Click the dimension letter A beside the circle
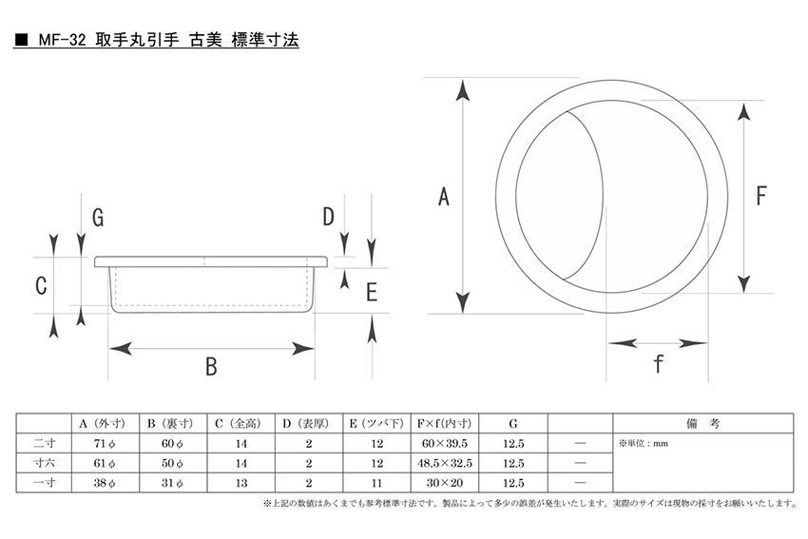(444, 197)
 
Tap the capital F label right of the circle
(761, 196)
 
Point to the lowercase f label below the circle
(658, 364)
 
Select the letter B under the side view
(211, 367)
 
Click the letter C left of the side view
(41, 285)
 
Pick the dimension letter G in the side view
(98, 218)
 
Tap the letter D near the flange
(328, 217)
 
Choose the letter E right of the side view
(372, 292)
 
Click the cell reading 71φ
(105, 444)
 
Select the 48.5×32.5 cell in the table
(445, 463)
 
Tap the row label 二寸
(44, 443)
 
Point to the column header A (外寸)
(102, 424)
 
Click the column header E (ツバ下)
(376, 424)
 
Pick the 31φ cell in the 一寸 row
(172, 483)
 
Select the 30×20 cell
(445, 483)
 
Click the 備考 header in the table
(702, 424)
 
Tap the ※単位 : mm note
(644, 443)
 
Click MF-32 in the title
(62, 40)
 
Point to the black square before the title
(21, 40)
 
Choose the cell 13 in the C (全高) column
(241, 483)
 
